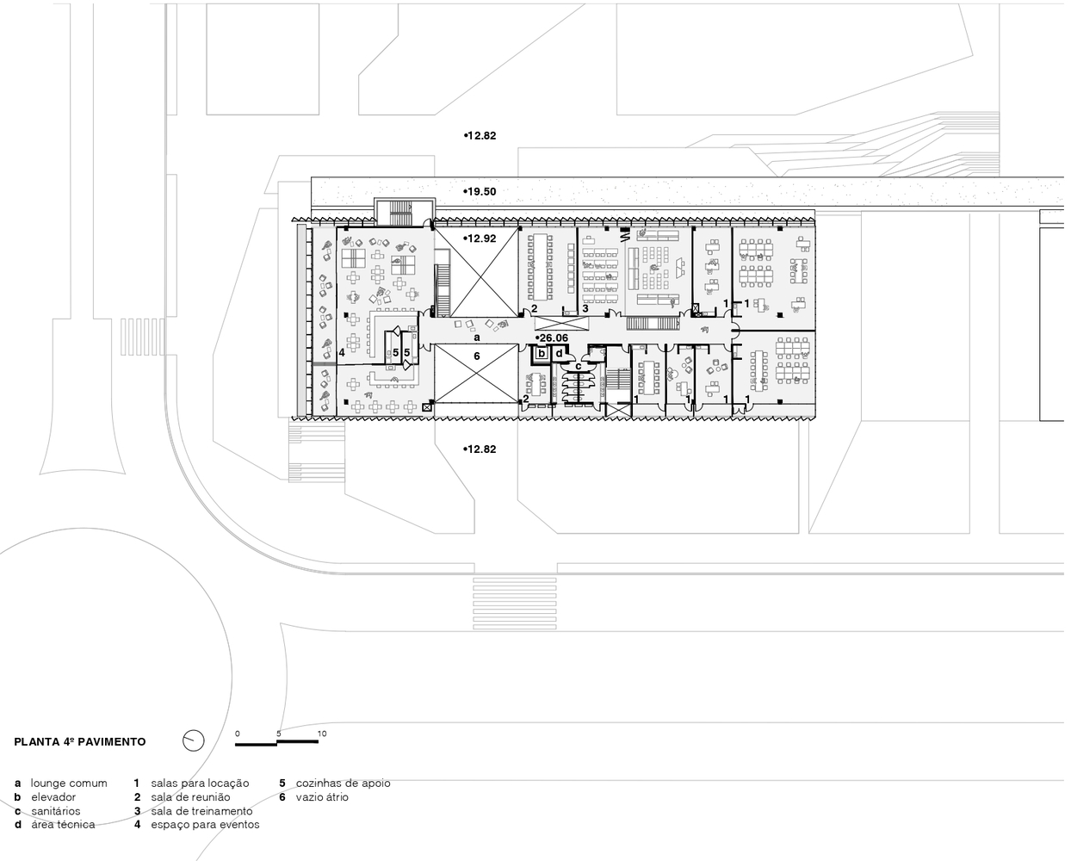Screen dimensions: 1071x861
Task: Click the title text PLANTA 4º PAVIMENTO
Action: point(79,742)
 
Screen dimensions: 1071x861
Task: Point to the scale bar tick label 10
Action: point(322,734)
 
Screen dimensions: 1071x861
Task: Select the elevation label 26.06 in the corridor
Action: point(554,338)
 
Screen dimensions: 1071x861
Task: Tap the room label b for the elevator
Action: point(542,353)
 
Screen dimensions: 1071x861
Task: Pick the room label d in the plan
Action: point(559,353)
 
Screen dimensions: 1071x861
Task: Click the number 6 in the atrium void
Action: point(477,356)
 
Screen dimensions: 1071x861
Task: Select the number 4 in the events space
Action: point(342,353)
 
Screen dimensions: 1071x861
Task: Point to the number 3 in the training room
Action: point(585,308)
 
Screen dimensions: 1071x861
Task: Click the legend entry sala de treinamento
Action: point(201,811)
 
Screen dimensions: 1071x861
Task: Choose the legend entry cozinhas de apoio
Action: point(343,783)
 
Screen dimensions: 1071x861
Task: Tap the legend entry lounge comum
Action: point(69,783)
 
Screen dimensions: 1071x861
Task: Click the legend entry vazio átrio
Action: point(322,796)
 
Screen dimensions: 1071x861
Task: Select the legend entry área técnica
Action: point(63,824)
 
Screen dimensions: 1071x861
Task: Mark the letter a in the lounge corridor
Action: point(477,338)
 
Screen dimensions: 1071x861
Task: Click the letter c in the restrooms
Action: point(579,367)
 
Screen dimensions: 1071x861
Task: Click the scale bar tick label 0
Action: point(238,734)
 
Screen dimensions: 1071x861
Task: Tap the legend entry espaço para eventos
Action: point(205,825)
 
